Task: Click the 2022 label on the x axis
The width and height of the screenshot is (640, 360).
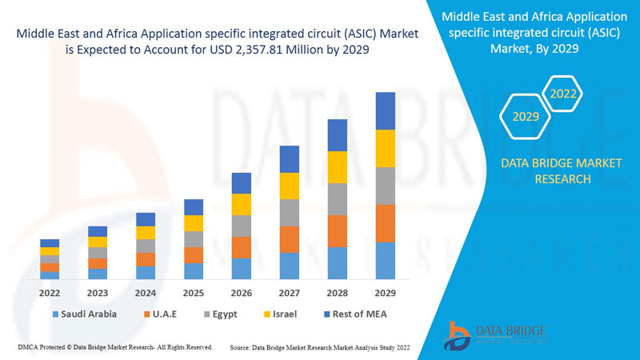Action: tap(50, 293)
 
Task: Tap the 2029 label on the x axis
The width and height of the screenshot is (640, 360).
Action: tap(386, 293)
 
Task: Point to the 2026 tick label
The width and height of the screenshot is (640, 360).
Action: tap(242, 293)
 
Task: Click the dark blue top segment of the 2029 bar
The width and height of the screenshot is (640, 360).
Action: tap(386, 110)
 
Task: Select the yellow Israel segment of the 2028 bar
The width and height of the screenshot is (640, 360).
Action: tap(338, 166)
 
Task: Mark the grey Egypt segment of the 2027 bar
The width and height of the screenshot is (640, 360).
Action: tap(290, 213)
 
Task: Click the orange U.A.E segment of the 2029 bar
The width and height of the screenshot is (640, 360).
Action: tap(386, 223)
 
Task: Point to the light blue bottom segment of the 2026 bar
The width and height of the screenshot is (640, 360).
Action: tap(242, 269)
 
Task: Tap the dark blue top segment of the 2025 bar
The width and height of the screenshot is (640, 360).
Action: tap(194, 207)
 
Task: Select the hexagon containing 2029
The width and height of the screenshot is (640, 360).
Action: tap(526, 117)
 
